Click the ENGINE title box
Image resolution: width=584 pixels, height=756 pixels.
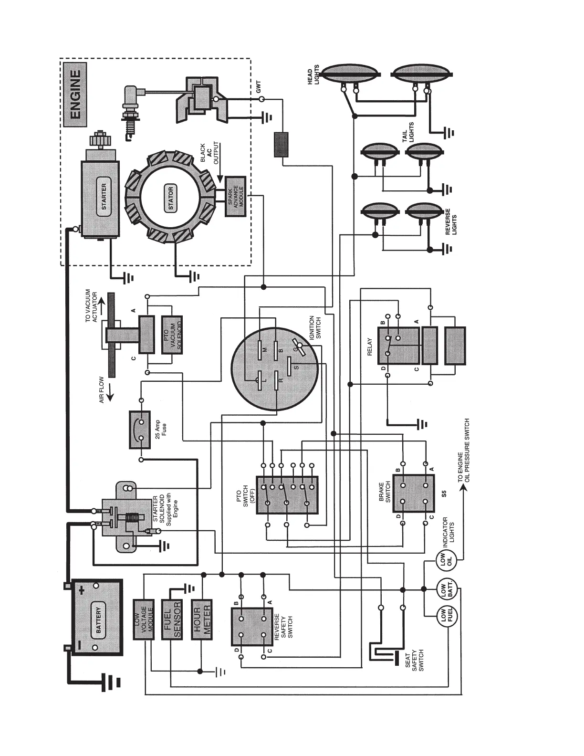click(75, 95)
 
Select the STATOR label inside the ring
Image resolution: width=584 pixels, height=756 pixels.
click(170, 199)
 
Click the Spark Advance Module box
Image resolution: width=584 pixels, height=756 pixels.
click(236, 197)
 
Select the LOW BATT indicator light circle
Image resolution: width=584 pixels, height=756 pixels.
click(447, 590)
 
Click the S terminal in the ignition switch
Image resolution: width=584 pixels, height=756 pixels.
click(295, 366)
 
